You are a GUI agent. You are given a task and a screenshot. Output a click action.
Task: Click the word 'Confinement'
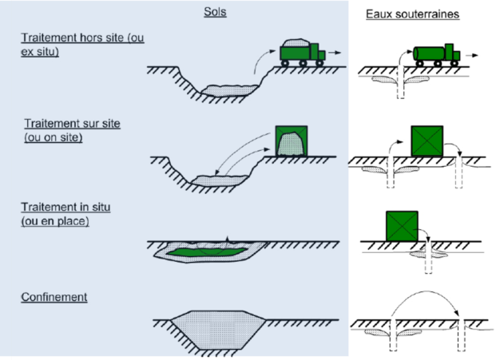[x=54, y=298]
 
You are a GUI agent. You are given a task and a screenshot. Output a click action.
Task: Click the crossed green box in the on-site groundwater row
[x=427, y=141]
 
